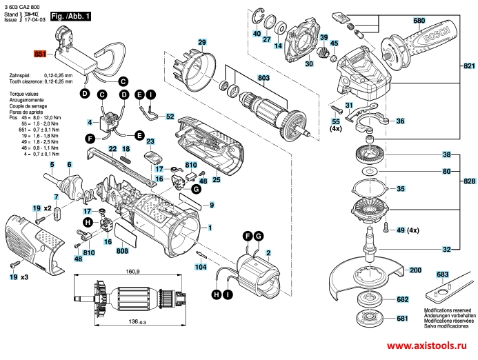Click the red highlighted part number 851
click(39, 52)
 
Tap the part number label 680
click(419, 21)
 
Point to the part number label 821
click(469, 66)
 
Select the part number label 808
click(122, 250)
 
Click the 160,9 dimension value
click(132, 271)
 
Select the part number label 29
click(202, 43)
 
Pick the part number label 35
click(401, 188)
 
